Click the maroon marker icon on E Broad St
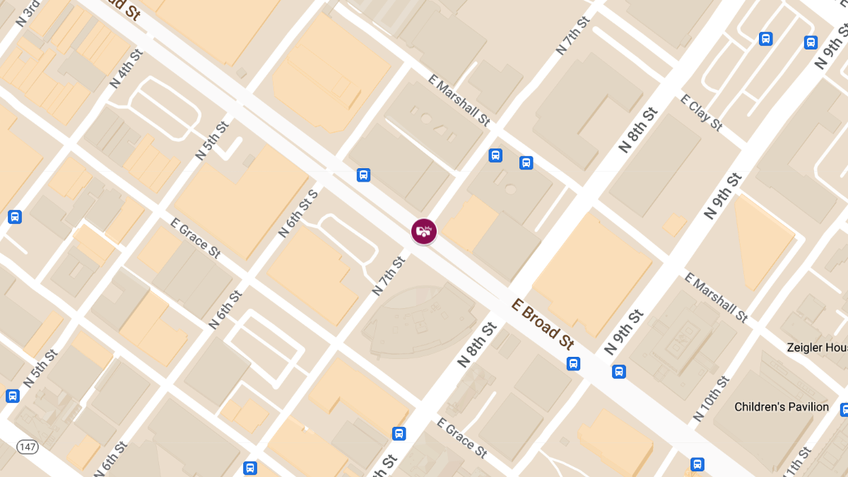[424, 231]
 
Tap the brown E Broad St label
[542, 324]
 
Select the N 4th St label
[126, 69]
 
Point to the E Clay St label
[701, 112]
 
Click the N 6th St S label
[298, 213]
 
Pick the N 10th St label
[712, 399]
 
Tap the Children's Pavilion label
[781, 407]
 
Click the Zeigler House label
[817, 348]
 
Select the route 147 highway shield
[28, 446]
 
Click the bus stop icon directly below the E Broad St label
[573, 364]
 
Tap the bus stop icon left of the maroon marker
[363, 175]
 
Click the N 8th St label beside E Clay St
[638, 130]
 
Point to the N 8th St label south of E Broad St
[478, 344]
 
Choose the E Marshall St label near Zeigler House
[717, 297]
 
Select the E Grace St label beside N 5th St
[195, 238]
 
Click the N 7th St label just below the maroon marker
[389, 276]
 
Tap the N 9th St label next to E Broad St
[624, 332]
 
